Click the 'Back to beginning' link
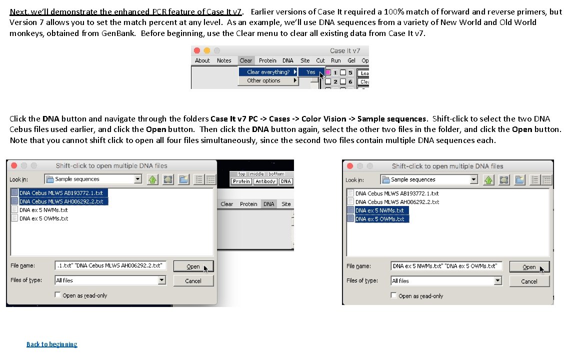click(x=51, y=344)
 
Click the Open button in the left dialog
click(x=193, y=266)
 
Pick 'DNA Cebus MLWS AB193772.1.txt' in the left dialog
click(x=61, y=193)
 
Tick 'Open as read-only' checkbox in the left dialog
click(x=58, y=295)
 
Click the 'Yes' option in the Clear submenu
click(x=311, y=72)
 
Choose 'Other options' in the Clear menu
click(x=264, y=80)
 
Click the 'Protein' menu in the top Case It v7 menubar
click(x=267, y=60)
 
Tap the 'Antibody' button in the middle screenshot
click(x=265, y=181)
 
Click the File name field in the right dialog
click(x=446, y=266)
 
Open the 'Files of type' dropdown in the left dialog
click(x=161, y=280)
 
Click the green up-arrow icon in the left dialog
click(x=153, y=179)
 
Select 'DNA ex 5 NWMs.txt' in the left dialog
click(x=43, y=210)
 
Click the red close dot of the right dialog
click(x=350, y=166)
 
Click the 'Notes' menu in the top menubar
click(x=224, y=60)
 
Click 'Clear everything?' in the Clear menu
click(x=268, y=72)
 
